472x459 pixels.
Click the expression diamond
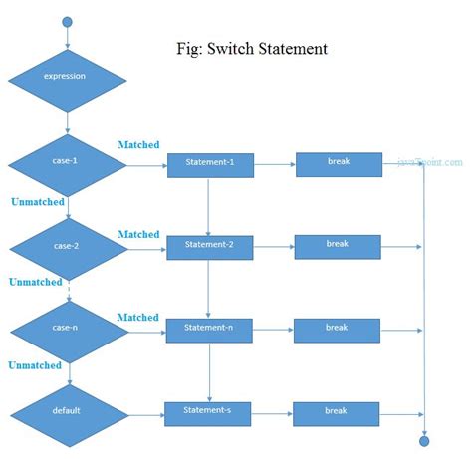pos(68,76)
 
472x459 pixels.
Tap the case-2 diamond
pos(68,245)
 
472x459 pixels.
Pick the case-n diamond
pos(68,328)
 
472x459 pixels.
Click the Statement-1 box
pos(209,164)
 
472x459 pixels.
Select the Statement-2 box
pos(209,246)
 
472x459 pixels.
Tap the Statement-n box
pos(209,329)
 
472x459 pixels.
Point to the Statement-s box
pos(209,410)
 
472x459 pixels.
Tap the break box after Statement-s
pos(336,410)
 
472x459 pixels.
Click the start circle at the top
pos(68,22)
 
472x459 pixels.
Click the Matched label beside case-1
pos(138,145)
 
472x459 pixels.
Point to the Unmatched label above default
pos(35,365)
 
